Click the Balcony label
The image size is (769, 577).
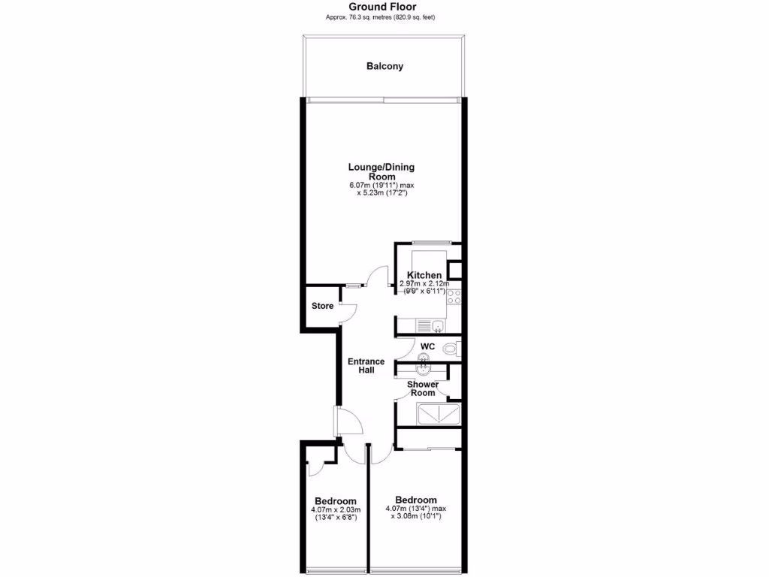point(384,66)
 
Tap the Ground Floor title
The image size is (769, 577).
point(382,7)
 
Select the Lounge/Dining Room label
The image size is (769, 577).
point(381,171)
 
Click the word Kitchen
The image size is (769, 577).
point(424,275)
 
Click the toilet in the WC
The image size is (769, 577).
point(450,349)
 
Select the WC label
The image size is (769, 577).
point(427,346)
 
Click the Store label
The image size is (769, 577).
point(322,306)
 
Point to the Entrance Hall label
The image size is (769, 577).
point(366,366)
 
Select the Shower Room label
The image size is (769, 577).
point(422,388)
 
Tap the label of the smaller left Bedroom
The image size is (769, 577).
point(335,501)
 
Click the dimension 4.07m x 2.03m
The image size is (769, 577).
point(335,510)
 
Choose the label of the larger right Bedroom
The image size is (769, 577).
point(415,500)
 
